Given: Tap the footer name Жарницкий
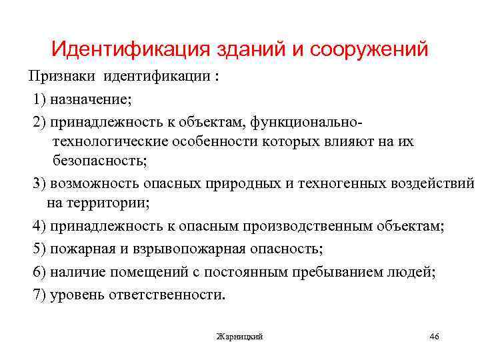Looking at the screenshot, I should tap(240, 337).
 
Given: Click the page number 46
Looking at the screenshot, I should tap(434, 336).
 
